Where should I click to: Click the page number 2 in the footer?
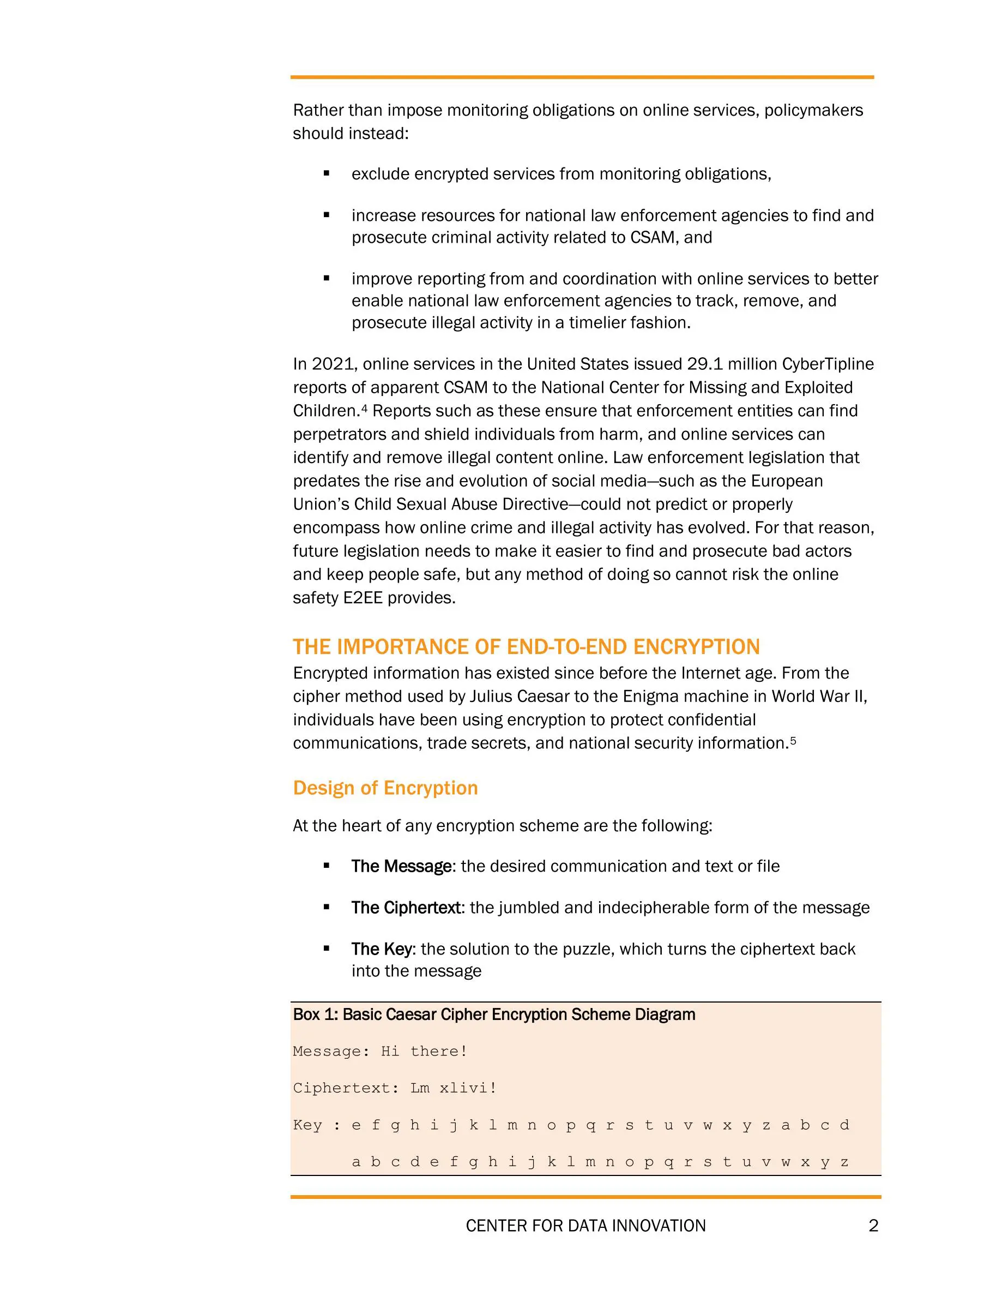(873, 1226)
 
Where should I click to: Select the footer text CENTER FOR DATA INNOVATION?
(585, 1226)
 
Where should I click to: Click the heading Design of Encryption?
(385, 788)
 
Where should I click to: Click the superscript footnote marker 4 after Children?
(364, 407)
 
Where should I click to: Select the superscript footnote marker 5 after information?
(793, 740)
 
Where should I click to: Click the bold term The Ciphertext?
(406, 907)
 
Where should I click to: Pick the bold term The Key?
(383, 949)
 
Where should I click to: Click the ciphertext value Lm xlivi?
(454, 1088)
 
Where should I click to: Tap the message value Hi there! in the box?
(424, 1052)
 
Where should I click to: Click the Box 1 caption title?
(493, 1014)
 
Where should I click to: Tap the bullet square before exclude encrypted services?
(327, 173)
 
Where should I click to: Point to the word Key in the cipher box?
(307, 1125)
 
